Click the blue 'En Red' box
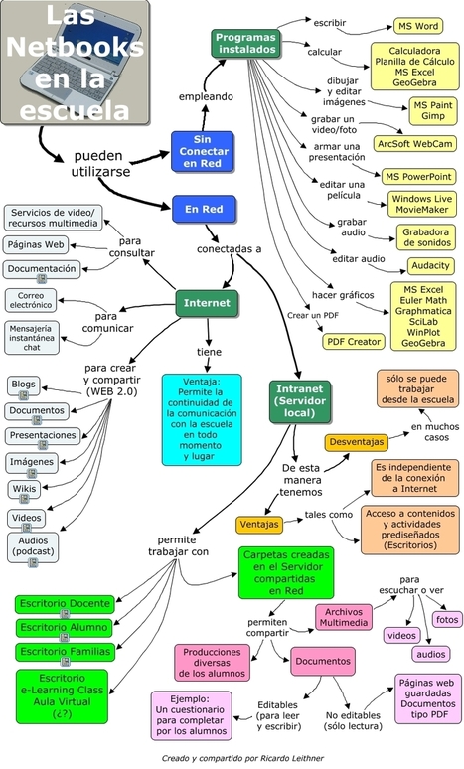pyautogui.click(x=204, y=209)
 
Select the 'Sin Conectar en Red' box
pyautogui.click(x=202, y=152)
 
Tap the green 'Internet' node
pyautogui.click(x=207, y=303)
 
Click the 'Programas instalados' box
pyautogui.click(x=246, y=43)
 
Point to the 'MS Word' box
pyautogui.click(x=418, y=26)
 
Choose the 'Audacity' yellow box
pyautogui.click(x=430, y=266)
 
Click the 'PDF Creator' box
pyautogui.click(x=354, y=342)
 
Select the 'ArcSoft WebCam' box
pyautogui.click(x=414, y=144)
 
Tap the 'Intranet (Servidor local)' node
pyautogui.click(x=300, y=401)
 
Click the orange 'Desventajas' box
pyautogui.click(x=357, y=442)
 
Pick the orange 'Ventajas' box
pyautogui.click(x=259, y=525)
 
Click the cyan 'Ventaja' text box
pyautogui.click(x=202, y=419)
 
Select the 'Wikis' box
pyautogui.click(x=24, y=489)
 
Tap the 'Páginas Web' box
pyautogui.click(x=36, y=244)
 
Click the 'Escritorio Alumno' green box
pyautogui.click(x=64, y=627)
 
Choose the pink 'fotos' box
pyautogui.click(x=447, y=619)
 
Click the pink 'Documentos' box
pyautogui.click(x=323, y=661)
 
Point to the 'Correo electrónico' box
pyautogui.click(x=31, y=300)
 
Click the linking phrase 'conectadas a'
pyautogui.click(x=230, y=249)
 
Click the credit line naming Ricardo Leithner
pyautogui.click(x=242, y=758)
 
